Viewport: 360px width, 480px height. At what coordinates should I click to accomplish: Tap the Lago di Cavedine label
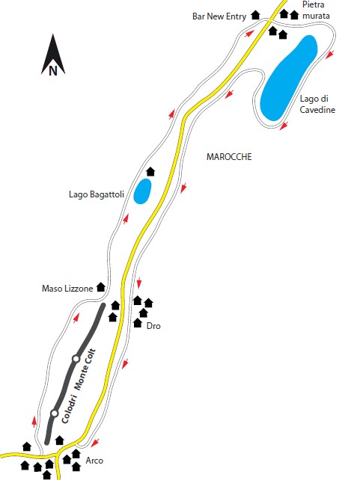pos(317,104)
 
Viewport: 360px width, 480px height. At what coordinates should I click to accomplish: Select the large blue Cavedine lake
pos(288,78)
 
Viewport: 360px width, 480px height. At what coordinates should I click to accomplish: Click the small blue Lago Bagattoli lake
pos(142,191)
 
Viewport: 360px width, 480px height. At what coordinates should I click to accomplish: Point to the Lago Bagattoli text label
pos(97,194)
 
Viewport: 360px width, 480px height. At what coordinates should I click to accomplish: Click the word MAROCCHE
pos(229,157)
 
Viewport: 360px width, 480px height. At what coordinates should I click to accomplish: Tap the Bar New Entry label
pos(219,16)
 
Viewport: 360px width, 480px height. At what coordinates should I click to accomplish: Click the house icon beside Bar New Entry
pos(255,15)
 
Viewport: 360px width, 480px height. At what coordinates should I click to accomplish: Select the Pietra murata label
pos(316,10)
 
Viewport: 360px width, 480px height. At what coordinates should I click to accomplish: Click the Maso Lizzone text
pos(67,289)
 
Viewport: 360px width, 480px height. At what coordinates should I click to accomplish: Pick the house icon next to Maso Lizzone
pos(101,287)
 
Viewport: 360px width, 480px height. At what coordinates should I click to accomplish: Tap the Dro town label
pos(153,326)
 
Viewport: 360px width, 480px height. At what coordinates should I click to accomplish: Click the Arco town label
pos(94,461)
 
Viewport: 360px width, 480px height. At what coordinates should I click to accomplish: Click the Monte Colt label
pos(85,369)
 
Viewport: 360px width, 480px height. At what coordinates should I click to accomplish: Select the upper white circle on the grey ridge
pos(76,358)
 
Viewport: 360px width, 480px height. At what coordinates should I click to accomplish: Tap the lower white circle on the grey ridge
pos(55,413)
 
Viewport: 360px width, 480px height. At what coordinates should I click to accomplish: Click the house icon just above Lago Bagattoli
pos(150,172)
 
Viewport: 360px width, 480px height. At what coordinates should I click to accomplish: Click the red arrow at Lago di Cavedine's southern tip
pos(284,126)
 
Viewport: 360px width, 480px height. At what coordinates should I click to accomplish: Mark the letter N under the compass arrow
pos(53,71)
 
